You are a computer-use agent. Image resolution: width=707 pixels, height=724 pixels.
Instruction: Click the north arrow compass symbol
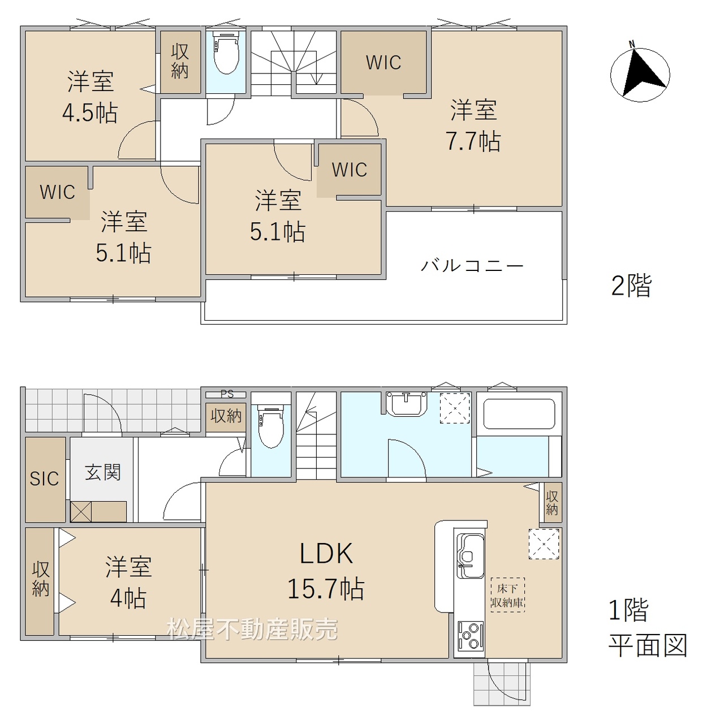(x=640, y=74)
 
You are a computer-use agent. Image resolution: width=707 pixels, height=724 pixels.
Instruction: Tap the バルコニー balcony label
(x=472, y=266)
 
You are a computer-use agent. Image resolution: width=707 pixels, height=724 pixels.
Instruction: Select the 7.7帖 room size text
(x=473, y=141)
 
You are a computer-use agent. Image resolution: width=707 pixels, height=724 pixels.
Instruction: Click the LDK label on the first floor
(x=326, y=554)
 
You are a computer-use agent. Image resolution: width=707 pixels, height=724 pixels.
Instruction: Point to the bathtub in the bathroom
(x=519, y=413)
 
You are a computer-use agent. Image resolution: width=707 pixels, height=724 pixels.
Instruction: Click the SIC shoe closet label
(x=44, y=479)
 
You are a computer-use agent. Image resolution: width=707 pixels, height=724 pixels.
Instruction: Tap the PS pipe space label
(x=226, y=394)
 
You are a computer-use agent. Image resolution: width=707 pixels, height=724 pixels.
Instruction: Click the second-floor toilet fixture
(x=226, y=53)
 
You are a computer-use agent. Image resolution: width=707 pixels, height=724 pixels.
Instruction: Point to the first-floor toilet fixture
(x=271, y=426)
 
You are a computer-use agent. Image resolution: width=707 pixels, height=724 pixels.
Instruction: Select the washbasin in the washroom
(x=406, y=403)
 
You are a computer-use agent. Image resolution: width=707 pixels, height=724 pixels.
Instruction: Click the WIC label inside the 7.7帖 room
(x=383, y=63)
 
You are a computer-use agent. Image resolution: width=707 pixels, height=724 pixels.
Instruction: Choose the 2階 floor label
(x=631, y=286)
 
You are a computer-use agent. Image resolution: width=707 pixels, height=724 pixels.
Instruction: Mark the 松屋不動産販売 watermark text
(x=253, y=629)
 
